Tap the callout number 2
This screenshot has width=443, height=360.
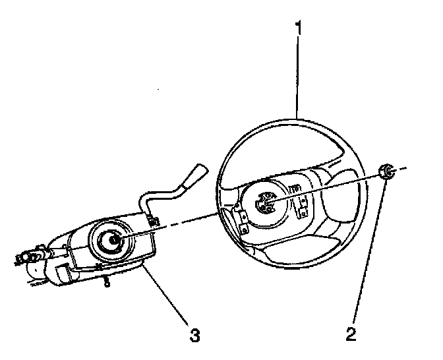(351, 334)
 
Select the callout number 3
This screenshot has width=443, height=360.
(193, 335)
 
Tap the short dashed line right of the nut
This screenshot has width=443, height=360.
(401, 169)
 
